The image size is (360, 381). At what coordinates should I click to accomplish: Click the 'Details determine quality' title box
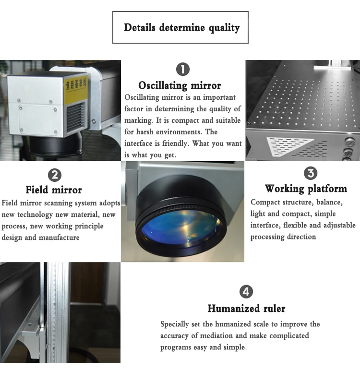[180, 27]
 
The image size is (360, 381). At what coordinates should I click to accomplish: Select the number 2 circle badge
[56, 174]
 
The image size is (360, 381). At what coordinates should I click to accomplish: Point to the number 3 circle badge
[311, 173]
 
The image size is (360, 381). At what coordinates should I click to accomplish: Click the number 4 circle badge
[246, 291]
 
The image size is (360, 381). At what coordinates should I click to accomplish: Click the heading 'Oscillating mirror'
[180, 85]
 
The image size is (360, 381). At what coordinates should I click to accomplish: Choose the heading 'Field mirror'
[54, 190]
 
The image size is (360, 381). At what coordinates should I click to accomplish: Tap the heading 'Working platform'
[306, 188]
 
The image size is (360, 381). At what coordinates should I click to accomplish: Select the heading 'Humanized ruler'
[246, 308]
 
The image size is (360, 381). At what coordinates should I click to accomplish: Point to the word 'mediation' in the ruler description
[228, 335]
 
